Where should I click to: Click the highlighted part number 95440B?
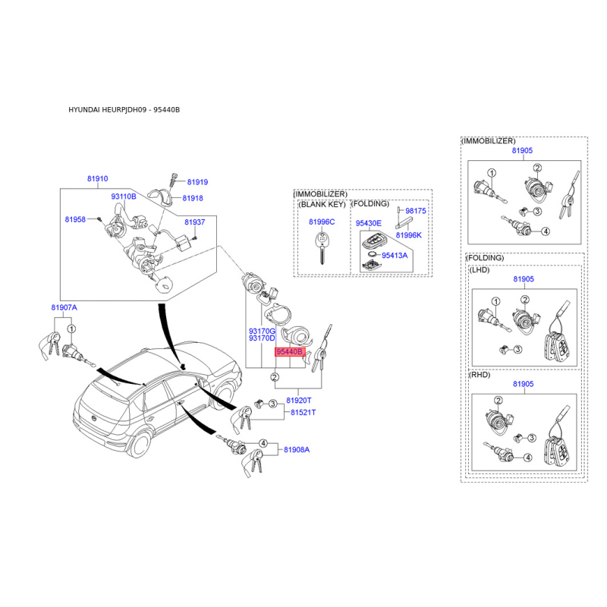[290, 352]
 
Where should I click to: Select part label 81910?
[98, 179]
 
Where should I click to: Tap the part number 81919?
[197, 182]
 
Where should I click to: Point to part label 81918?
[193, 198]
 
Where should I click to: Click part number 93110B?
[124, 197]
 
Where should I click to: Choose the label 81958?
[75, 219]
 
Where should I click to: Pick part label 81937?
[195, 222]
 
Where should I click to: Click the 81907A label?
[64, 308]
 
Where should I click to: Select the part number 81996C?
[322, 222]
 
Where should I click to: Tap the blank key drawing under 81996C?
[322, 248]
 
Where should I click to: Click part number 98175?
[416, 211]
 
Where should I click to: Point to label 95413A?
[395, 256]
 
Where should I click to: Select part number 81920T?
[299, 401]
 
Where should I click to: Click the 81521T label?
[303, 413]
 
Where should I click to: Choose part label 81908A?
[297, 450]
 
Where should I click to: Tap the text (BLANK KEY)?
[322, 204]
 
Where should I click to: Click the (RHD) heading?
[480, 375]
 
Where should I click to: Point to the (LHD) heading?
[480, 270]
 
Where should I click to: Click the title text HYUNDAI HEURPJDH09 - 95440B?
[124, 110]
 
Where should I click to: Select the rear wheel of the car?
[140, 444]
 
